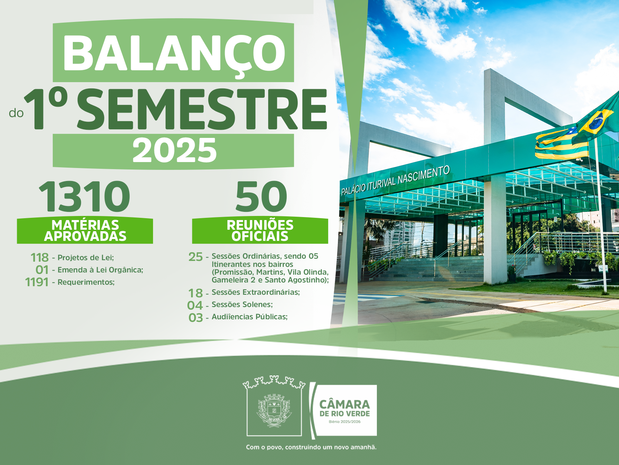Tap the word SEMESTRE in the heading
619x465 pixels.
coord(202,109)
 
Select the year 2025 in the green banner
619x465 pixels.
coord(175,151)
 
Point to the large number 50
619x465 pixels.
coord(261,196)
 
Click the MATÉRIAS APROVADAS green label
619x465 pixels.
coord(85,230)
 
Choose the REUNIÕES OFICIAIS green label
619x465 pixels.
coord(260,230)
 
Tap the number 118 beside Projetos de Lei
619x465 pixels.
coord(39,258)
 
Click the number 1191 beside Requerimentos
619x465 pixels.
coord(37,282)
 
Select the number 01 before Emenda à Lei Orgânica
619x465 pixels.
coord(42,270)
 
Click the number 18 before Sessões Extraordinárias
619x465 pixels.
coord(195,293)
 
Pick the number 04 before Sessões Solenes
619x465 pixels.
coord(195,305)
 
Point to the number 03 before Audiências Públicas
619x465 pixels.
coord(195,318)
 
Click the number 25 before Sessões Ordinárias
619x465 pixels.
coord(195,257)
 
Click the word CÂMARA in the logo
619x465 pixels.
coord(344,404)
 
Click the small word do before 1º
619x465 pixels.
coord(16,113)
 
